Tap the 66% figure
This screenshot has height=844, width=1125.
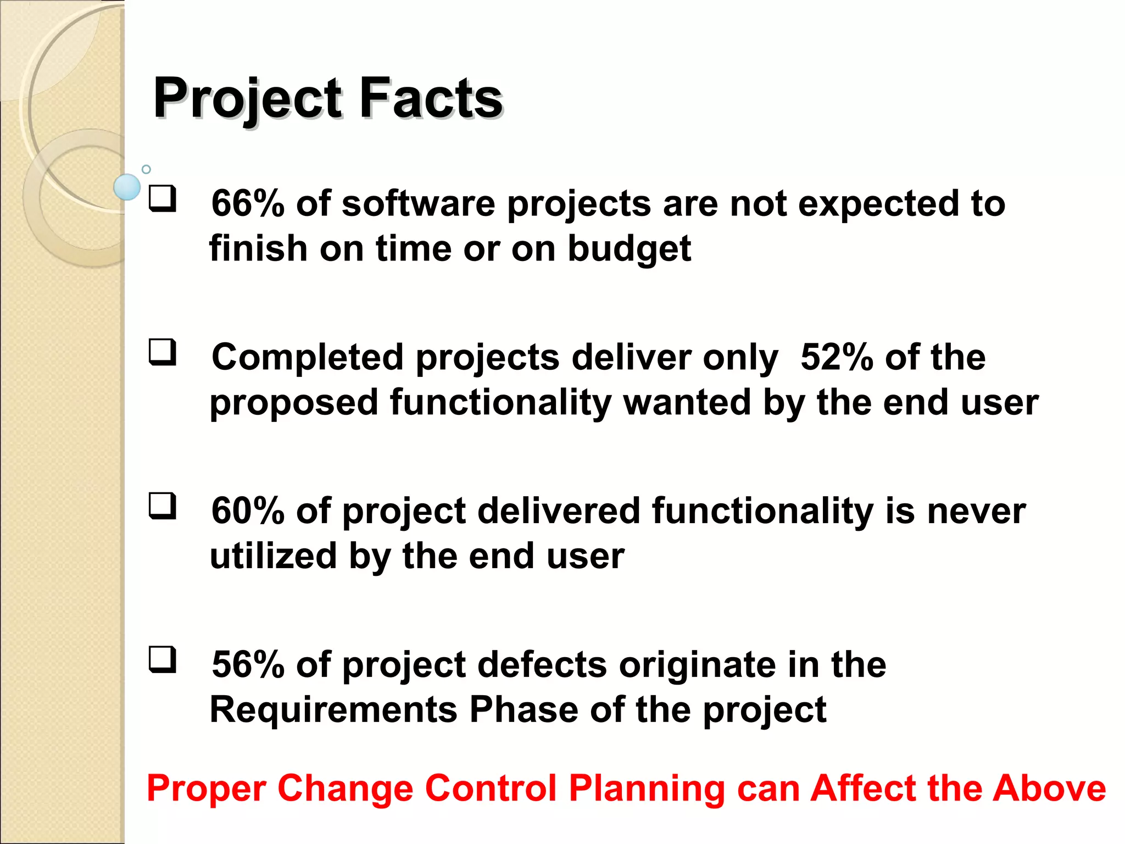click(x=248, y=203)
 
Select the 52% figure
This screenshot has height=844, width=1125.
click(x=837, y=357)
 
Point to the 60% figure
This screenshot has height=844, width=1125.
click(x=248, y=511)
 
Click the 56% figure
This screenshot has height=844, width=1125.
click(x=248, y=665)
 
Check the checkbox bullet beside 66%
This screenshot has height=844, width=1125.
click(x=163, y=199)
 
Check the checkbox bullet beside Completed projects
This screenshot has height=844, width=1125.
click(x=163, y=352)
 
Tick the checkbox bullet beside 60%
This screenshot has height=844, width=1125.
click(x=163, y=506)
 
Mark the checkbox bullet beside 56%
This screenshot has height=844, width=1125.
click(x=163, y=659)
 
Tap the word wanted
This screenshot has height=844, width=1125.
click(x=687, y=402)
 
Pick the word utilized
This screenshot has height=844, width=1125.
click(x=273, y=556)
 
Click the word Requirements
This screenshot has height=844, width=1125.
click(x=333, y=709)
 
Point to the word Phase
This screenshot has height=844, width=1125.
click(x=523, y=709)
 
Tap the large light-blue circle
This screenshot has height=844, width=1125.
click(x=127, y=187)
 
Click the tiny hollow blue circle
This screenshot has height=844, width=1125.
click(x=146, y=169)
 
